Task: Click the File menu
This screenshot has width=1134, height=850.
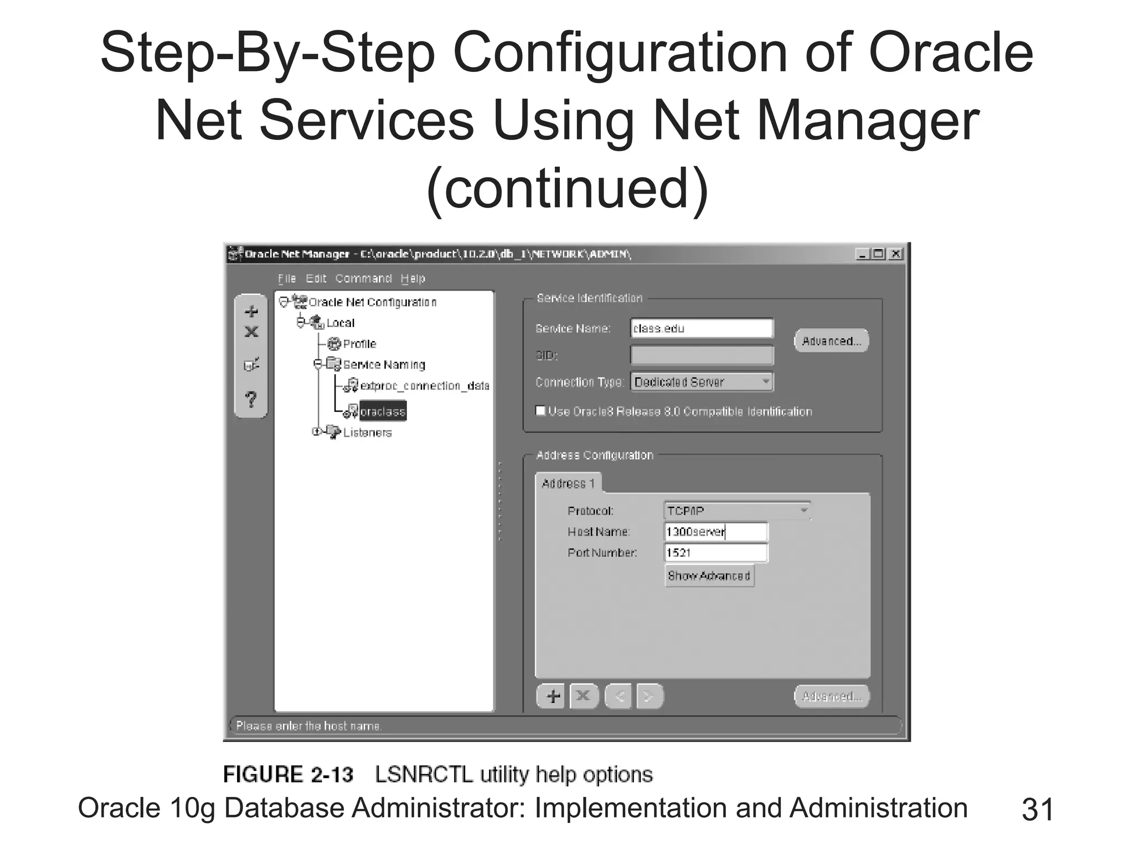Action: (x=287, y=278)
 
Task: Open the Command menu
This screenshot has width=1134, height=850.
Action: (x=363, y=278)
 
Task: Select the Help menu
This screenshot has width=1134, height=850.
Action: (x=413, y=278)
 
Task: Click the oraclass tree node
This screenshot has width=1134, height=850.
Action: (x=383, y=412)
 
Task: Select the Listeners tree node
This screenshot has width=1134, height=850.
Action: (x=367, y=433)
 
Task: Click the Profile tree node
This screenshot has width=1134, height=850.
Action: (x=359, y=344)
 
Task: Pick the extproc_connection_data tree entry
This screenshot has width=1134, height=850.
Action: (x=424, y=386)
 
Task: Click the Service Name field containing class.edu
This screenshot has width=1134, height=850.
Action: (x=702, y=329)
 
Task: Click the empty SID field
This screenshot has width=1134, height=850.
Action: (x=702, y=355)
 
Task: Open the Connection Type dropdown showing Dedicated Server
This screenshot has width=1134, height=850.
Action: (x=702, y=382)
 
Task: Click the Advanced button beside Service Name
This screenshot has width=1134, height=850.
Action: (x=831, y=341)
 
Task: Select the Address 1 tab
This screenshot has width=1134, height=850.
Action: (x=568, y=484)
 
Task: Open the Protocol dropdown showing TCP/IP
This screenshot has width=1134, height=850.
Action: (x=736, y=511)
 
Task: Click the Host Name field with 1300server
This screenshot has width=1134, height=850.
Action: (x=716, y=532)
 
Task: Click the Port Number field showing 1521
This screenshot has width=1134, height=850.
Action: (x=716, y=553)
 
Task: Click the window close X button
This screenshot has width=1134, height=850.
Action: (x=895, y=254)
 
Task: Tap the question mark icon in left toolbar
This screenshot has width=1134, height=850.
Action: (x=251, y=399)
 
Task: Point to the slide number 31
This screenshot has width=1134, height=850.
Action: (x=1038, y=810)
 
